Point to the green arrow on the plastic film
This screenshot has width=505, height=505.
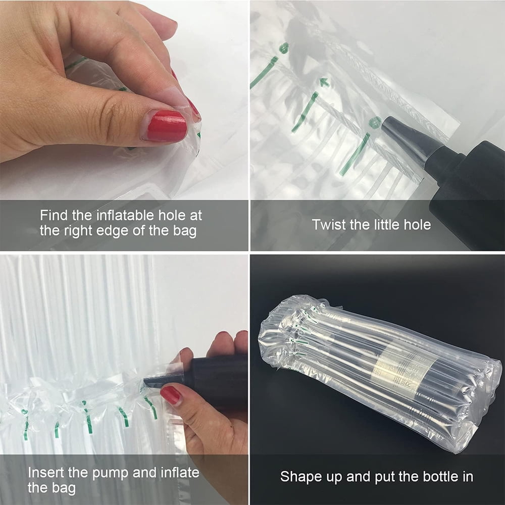click(x=325, y=82)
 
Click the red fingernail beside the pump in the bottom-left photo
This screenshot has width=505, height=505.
click(x=170, y=395)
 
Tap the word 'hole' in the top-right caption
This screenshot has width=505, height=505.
click(x=417, y=225)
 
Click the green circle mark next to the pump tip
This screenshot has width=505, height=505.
click(x=375, y=123)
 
